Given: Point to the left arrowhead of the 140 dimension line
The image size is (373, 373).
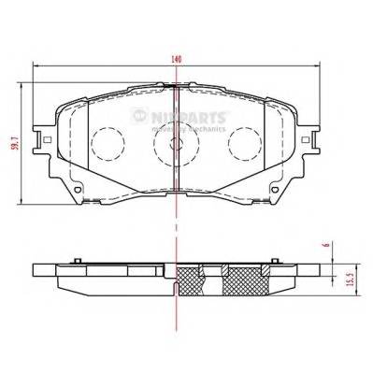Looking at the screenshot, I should (x=35, y=65).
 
